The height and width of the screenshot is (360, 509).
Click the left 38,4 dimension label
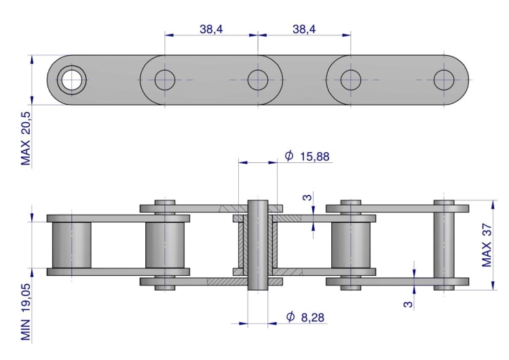coord(211,29)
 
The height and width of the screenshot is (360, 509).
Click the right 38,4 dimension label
coord(304,29)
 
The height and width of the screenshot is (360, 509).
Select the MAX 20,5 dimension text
coord(25,139)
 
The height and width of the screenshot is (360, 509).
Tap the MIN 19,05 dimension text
coord(25,312)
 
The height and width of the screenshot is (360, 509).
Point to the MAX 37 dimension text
coord(487,245)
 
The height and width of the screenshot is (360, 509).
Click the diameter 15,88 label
coord(307,156)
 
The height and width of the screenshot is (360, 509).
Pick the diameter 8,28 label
coord(305,317)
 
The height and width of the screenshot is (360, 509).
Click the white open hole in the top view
coord(72,80)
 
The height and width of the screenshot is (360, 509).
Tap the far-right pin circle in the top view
coord(444,80)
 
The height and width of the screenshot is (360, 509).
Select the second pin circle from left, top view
coord(165,80)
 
